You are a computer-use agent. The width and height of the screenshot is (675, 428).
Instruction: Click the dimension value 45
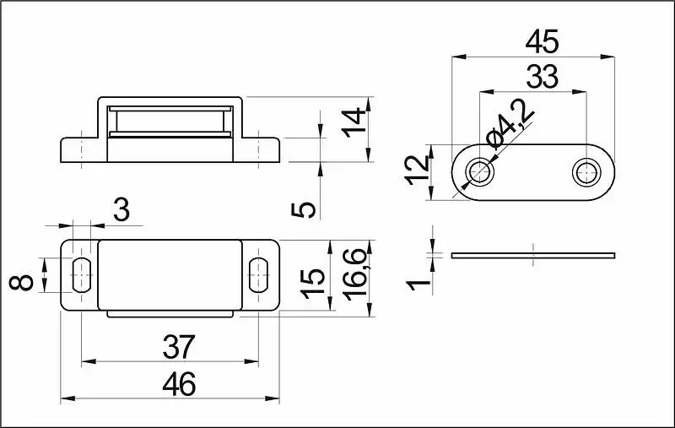point(542,41)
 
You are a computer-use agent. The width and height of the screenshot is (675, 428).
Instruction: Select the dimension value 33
point(542,77)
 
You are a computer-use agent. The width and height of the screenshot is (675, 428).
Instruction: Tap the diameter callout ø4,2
point(510,123)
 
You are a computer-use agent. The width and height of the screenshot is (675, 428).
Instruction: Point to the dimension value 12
point(418,171)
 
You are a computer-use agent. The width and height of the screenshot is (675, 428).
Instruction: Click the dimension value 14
point(354,123)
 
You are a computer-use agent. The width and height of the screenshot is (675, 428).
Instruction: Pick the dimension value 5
point(304,210)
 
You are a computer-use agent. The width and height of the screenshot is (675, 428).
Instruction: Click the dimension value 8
point(21,282)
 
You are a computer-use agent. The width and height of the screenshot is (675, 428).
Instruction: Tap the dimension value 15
point(313,284)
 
